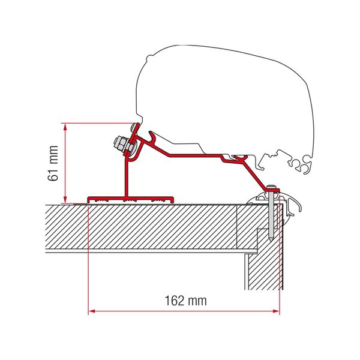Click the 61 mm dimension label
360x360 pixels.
click(x=54, y=163)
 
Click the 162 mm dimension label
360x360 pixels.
click(x=184, y=301)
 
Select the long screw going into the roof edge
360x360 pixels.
click(x=274, y=213)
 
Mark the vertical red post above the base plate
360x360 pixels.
click(x=127, y=177)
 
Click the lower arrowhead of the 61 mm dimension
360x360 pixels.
click(x=64, y=200)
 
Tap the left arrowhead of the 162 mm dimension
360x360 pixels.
click(x=92, y=311)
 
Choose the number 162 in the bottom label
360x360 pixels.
click(x=175, y=301)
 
